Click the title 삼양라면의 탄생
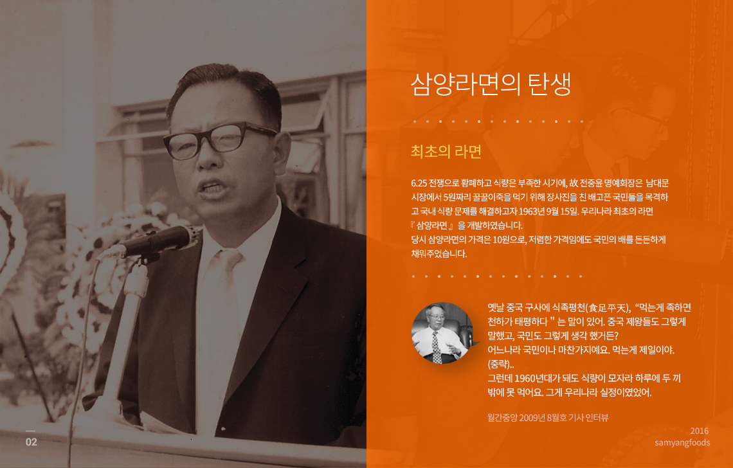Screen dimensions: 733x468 click(x=491, y=84)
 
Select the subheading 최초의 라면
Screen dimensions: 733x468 click(x=446, y=152)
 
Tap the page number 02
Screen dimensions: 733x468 click(x=32, y=442)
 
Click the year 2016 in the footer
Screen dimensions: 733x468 click(x=699, y=431)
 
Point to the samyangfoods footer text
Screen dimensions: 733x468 click(x=682, y=442)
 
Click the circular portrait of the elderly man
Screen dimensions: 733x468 click(x=442, y=333)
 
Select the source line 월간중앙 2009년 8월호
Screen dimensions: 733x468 click(x=527, y=417)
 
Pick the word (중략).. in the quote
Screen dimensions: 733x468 click(x=501, y=364)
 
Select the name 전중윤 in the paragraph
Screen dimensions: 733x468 click(x=590, y=183)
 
